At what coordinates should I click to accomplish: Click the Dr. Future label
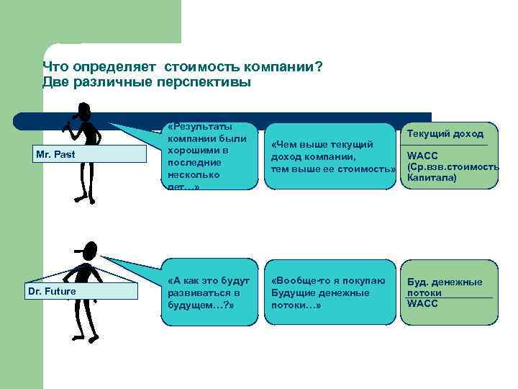tap(51, 291)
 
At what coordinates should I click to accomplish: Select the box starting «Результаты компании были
tap(209, 155)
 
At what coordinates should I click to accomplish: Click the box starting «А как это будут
tap(209, 292)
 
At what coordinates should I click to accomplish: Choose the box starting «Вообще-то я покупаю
tap(331, 292)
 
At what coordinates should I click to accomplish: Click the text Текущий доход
tap(445, 134)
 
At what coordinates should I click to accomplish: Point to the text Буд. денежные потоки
tap(445, 287)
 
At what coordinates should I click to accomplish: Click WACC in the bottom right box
tap(422, 303)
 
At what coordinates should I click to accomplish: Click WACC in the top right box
tap(422, 156)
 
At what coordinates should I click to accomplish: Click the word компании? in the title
tap(283, 67)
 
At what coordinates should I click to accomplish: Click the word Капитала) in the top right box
tap(432, 176)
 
